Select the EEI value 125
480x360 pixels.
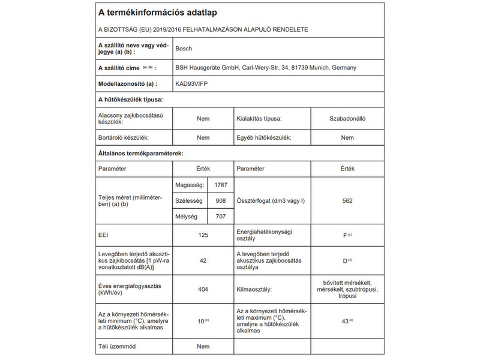pyautogui.click(x=203, y=235)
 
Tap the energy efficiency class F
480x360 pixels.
pyautogui.click(x=345, y=235)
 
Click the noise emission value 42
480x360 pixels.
pyautogui.click(x=203, y=261)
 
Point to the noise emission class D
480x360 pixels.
pyautogui.click(x=345, y=261)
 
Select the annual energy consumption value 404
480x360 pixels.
pyautogui.click(x=203, y=290)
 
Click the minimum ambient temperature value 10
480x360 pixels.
pyautogui.click(x=201, y=321)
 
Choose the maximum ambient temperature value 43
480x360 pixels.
pyautogui.click(x=345, y=321)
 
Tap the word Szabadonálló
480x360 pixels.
pyautogui.click(x=347, y=119)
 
